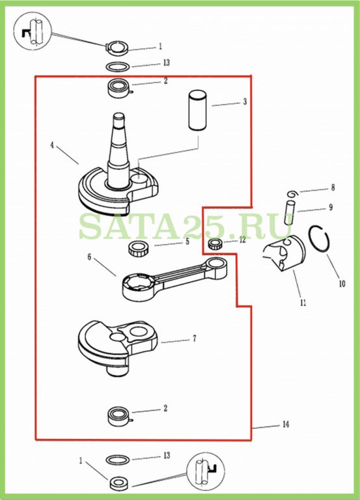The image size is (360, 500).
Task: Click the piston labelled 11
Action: (x=284, y=253)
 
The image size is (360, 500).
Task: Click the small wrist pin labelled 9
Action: (x=290, y=212)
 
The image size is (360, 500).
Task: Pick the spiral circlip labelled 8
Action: (x=293, y=194)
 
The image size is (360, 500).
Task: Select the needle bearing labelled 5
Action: (x=138, y=248)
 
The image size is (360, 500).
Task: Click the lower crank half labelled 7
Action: (x=117, y=348)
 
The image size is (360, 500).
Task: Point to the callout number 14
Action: (x=286, y=424)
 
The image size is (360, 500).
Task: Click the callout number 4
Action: (x=52, y=145)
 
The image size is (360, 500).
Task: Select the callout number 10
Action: (x=342, y=283)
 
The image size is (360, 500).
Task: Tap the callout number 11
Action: (x=303, y=302)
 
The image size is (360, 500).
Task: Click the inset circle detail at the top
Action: (x=33, y=31)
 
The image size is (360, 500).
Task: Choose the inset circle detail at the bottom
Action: (x=206, y=471)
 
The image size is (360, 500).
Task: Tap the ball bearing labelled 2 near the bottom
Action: (x=120, y=416)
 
